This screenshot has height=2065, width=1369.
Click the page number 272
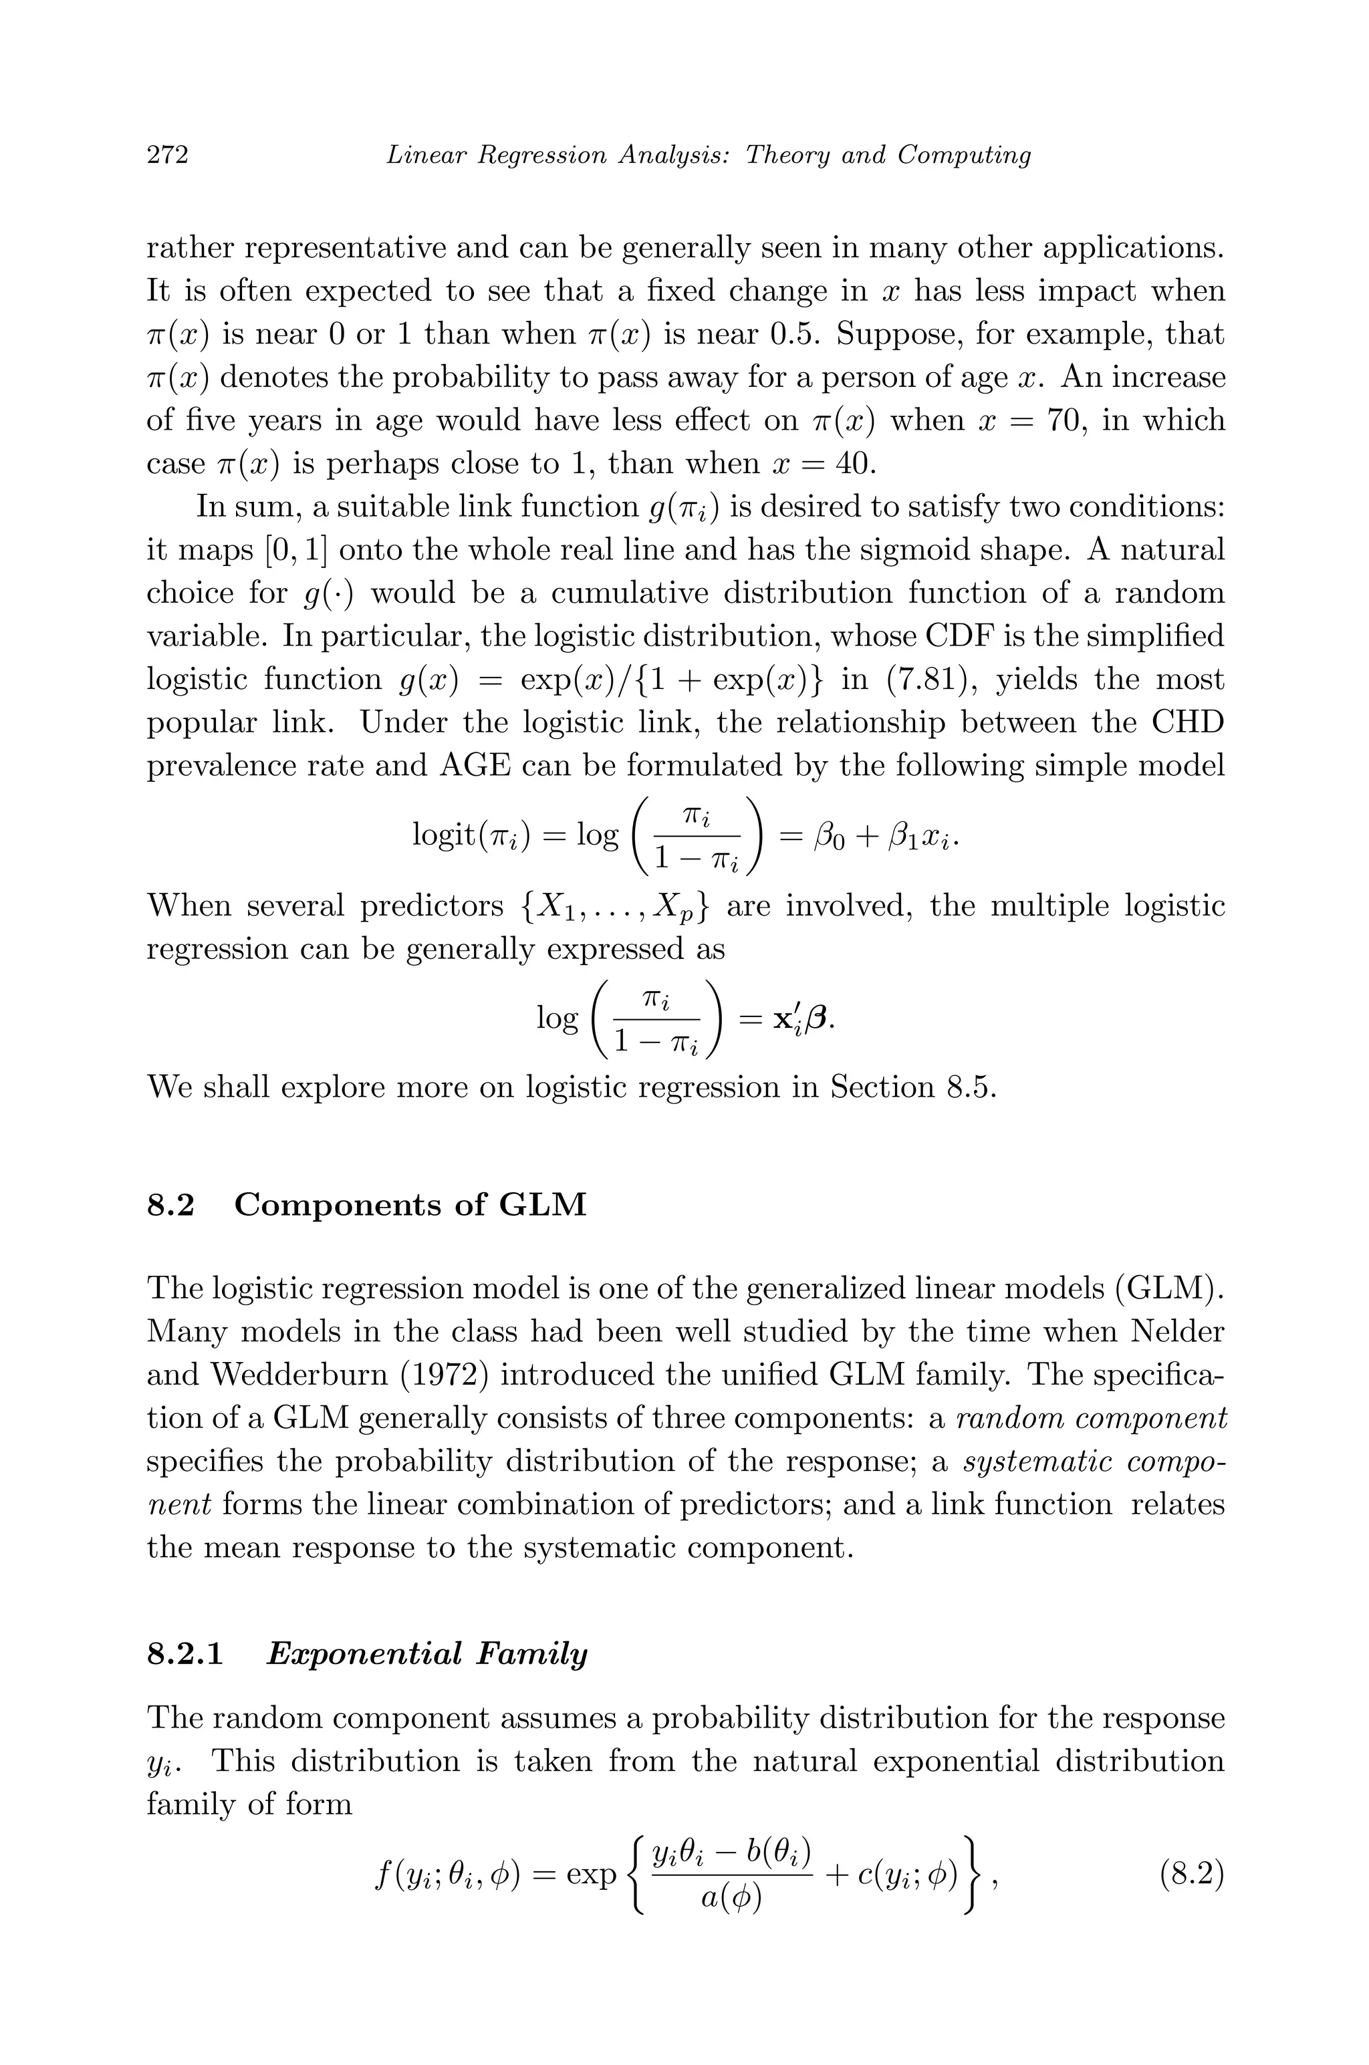tap(168, 154)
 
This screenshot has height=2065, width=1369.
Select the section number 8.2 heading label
tap(170, 1206)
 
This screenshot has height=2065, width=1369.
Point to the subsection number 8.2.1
tap(185, 1654)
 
